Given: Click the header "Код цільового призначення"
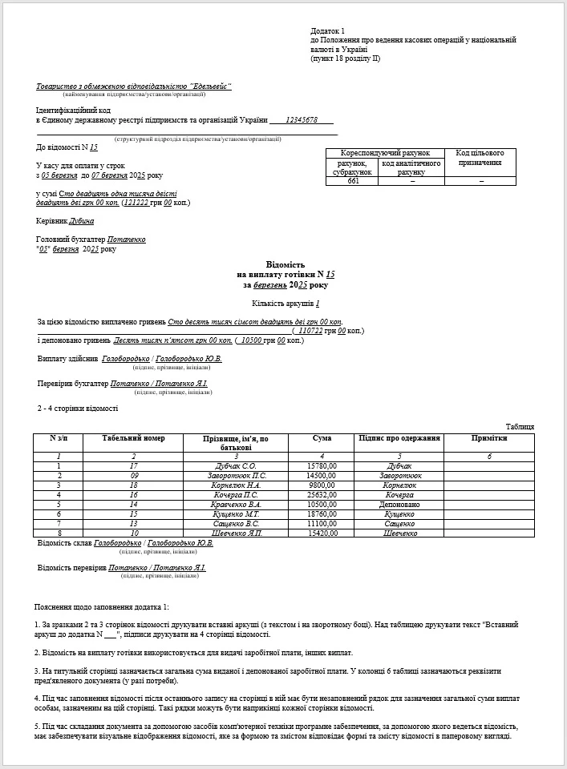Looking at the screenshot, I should tap(480, 158).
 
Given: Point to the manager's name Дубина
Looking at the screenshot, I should tap(82, 221).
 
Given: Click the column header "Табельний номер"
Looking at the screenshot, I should tap(134, 438).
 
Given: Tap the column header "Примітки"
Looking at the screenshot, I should tap(489, 438).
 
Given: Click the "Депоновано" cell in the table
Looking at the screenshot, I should tap(399, 505).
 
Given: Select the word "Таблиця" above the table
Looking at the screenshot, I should tap(520, 427).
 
